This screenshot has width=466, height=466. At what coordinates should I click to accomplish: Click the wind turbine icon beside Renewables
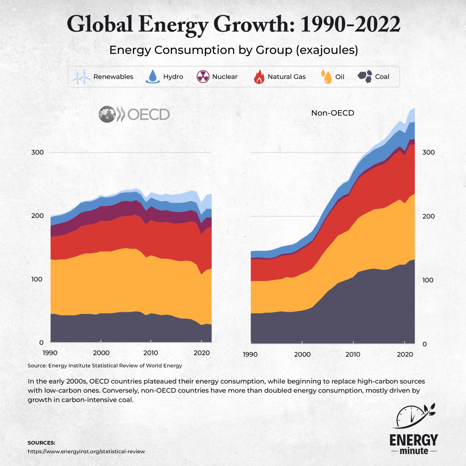point(82,77)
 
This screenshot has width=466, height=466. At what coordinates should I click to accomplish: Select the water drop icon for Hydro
point(153,76)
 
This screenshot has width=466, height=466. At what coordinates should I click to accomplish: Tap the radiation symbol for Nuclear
point(203,77)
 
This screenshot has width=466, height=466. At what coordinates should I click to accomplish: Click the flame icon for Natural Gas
point(259,77)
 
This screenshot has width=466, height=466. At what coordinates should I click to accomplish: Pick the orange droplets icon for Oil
point(326,77)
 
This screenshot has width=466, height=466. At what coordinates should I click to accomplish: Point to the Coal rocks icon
point(365,76)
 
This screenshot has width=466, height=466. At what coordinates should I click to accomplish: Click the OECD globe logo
point(107,114)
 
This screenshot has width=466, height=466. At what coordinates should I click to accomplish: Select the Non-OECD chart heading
point(333,113)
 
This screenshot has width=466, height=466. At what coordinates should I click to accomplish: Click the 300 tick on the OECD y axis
point(37,153)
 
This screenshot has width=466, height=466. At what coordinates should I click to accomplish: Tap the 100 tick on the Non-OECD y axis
point(428,280)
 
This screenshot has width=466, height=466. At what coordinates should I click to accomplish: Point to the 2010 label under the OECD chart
point(151,353)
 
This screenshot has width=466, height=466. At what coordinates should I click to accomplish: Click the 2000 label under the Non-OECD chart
point(302,354)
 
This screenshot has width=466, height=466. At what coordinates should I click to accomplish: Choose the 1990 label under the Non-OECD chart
point(250,354)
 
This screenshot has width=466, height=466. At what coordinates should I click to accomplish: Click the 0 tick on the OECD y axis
point(41,342)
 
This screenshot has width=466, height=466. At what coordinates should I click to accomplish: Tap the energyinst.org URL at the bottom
point(86,452)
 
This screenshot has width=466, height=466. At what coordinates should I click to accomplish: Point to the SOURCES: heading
point(41,443)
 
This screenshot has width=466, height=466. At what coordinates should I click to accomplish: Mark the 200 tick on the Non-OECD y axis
point(429,216)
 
